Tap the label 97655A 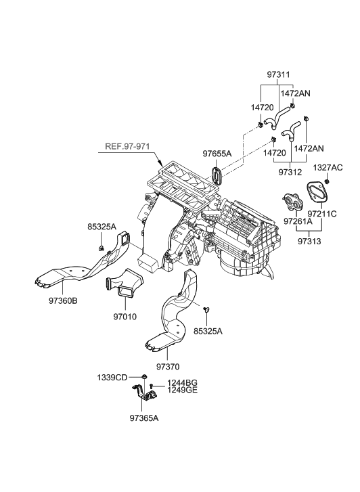(x=217, y=154)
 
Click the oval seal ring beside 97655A (x=217, y=176)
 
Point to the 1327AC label (x=328, y=167)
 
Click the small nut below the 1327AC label (x=327, y=181)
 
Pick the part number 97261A (x=298, y=221)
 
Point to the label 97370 (x=168, y=367)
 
